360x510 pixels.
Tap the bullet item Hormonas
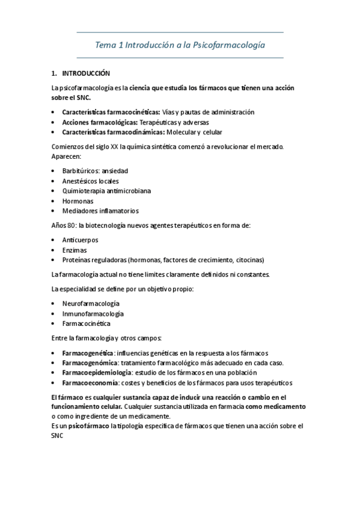78,201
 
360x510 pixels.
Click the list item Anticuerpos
81,239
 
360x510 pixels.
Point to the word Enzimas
75,250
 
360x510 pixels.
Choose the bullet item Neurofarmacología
91,303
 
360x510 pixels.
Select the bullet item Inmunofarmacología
93,313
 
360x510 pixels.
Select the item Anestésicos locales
90,180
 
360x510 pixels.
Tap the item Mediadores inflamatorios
100,210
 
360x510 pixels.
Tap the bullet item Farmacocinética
86,324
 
